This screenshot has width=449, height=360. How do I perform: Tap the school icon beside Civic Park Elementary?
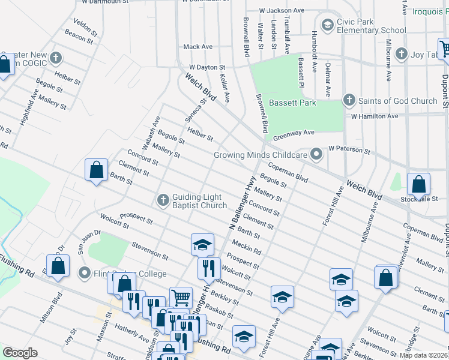point(327,25)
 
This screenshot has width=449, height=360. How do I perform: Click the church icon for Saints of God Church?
point(349,100)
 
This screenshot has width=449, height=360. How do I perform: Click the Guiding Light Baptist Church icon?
point(163,200)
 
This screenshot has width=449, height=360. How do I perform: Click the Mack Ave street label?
point(198,46)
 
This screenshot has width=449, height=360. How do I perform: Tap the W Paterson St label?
point(349,148)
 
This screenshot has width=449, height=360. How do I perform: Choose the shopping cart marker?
point(180,297)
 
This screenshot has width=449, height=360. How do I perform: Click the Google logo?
point(19,353)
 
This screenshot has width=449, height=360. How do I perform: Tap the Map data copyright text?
point(423,355)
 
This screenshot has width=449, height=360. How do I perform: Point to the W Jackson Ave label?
point(282,11)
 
